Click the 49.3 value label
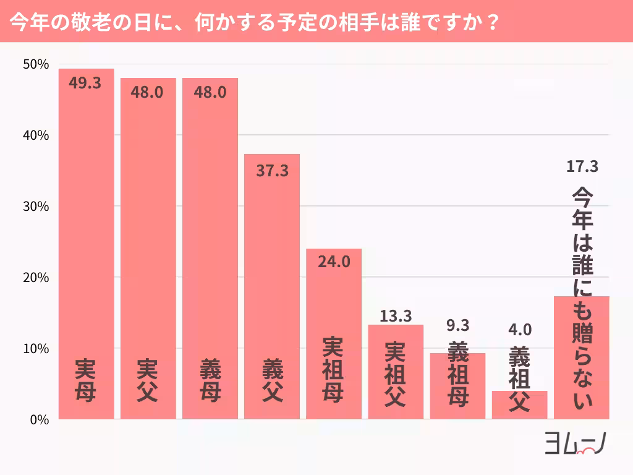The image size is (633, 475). (85, 83)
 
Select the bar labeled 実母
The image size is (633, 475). (86, 247)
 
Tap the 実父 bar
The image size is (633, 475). (148, 247)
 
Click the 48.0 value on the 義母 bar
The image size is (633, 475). (210, 92)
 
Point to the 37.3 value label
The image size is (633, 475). (272, 171)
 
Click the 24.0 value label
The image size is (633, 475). (334, 262)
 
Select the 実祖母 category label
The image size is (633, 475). (334, 369)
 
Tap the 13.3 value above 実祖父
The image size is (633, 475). (396, 316)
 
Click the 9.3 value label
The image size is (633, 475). (457, 325)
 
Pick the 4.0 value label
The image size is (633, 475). (519, 329)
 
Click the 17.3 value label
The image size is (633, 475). (582, 166)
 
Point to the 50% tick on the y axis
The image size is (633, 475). (35, 64)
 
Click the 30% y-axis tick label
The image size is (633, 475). (35, 207)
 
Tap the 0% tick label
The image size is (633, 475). (38, 420)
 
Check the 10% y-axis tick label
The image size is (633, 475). (35, 349)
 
